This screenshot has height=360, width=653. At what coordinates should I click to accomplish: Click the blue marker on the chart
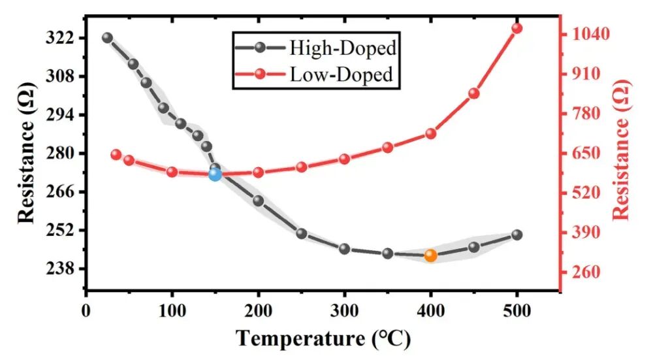215,174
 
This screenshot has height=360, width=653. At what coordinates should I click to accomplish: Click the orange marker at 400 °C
430,255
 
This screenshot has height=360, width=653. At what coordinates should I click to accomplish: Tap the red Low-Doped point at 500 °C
517,28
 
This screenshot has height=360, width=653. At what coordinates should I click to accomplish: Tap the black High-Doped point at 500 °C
517,235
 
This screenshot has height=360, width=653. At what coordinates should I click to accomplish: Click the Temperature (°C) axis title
323,338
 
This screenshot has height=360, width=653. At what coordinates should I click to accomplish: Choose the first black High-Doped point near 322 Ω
108,38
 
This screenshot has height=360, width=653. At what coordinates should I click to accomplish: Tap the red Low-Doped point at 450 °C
473,93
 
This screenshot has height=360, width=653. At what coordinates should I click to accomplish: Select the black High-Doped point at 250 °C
301,233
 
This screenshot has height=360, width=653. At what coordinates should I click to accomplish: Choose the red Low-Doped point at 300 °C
344,159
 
